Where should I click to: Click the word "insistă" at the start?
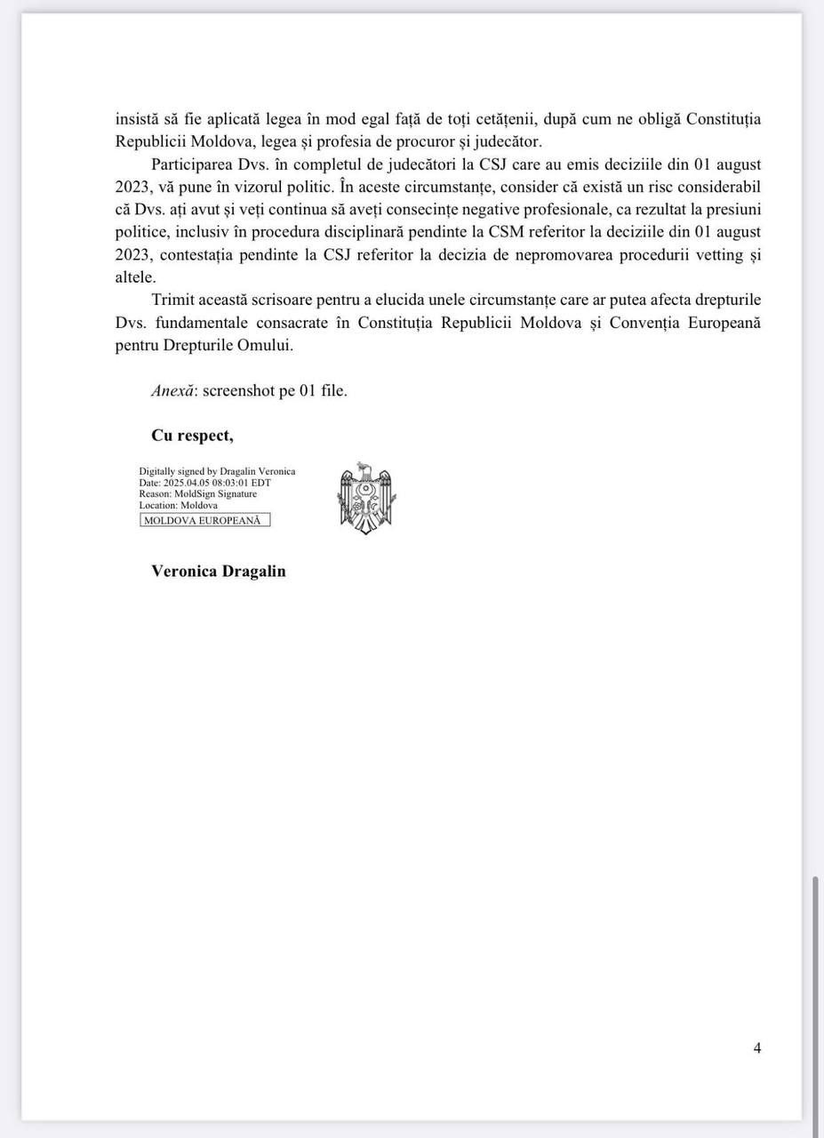pos(138,118)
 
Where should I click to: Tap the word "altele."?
pos(136,277)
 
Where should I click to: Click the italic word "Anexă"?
pos(172,390)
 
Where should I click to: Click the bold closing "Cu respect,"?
pos(193,436)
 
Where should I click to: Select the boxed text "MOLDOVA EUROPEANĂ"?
pos(204,520)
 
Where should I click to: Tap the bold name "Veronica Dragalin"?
pos(219,571)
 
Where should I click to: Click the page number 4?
pos(757,1048)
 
